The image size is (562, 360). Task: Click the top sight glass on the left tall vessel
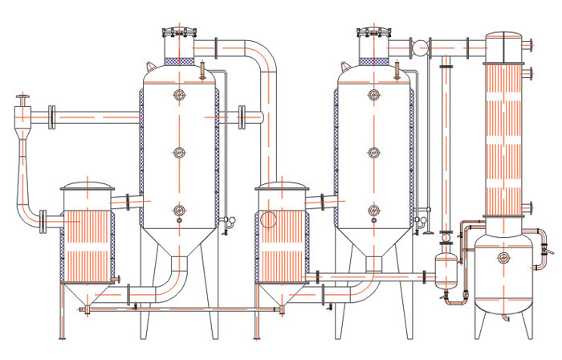pyautogui.click(x=179, y=95)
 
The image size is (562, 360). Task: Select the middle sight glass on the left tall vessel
pyautogui.click(x=179, y=152)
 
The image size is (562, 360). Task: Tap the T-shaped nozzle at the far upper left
pyautogui.click(x=22, y=100)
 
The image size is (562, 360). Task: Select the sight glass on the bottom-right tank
pyautogui.click(x=503, y=257)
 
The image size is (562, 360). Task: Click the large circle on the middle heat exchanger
pyautogui.click(x=269, y=220)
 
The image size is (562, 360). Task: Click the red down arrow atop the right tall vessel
pyautogui.click(x=395, y=68)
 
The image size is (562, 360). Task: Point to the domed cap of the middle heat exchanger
pyautogui.click(x=281, y=188)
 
